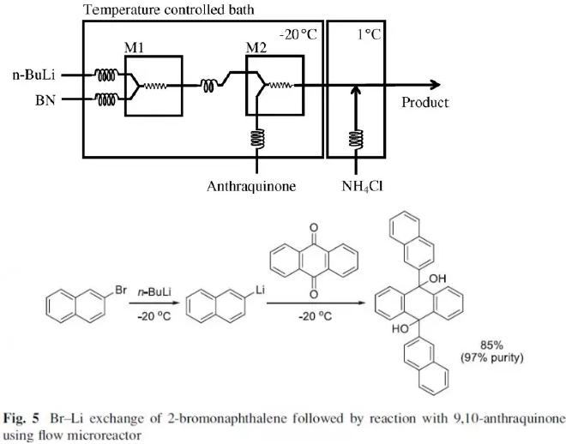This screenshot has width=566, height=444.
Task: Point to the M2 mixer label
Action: click(x=256, y=47)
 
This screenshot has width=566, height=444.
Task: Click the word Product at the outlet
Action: click(x=425, y=103)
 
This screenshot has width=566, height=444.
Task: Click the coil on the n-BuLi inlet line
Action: click(x=107, y=75)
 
